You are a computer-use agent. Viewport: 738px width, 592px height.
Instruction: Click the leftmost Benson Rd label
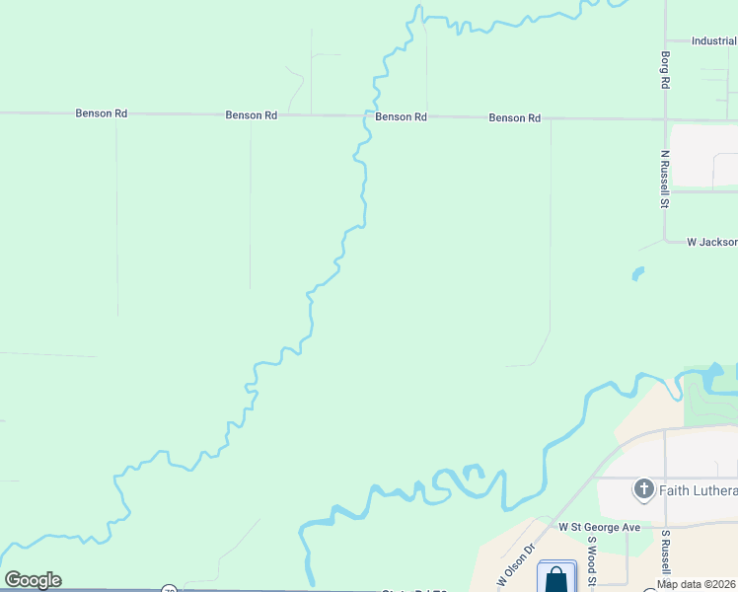pos(101,113)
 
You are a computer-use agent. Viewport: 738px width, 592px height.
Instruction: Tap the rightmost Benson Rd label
pos(514,118)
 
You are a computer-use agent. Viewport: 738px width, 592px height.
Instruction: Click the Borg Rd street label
pos(666,71)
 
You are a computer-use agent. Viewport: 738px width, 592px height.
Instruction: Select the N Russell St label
pos(665,180)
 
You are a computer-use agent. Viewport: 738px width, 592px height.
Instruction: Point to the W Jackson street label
pos(711,242)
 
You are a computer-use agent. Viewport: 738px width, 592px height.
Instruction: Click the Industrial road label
pos(713,41)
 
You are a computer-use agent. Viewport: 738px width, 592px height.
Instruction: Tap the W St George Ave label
pos(599,528)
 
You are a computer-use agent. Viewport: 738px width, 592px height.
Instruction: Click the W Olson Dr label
pos(515,564)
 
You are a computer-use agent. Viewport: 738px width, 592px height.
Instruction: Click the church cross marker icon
pos(643,489)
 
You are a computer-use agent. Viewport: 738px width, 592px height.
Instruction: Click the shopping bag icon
pos(555,577)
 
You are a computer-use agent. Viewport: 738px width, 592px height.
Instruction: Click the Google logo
pos(33,580)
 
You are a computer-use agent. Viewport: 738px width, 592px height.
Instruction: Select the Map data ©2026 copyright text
pos(696,584)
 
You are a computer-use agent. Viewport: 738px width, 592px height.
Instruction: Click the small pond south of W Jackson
pos(637,273)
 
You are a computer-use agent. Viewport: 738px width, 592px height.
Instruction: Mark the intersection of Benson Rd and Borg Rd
pos(666,119)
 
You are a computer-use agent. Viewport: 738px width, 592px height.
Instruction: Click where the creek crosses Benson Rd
pos(372,115)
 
